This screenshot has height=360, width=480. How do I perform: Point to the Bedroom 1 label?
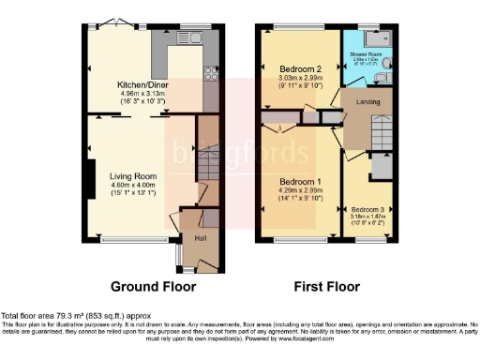(300, 182)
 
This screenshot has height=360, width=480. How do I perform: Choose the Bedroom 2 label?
(301, 69)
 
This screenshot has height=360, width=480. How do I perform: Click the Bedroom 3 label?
(367, 209)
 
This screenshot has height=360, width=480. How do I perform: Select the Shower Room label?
(365, 54)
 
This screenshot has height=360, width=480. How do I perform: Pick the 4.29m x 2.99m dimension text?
(300, 191)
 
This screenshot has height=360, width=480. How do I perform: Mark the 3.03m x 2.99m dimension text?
(300, 79)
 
